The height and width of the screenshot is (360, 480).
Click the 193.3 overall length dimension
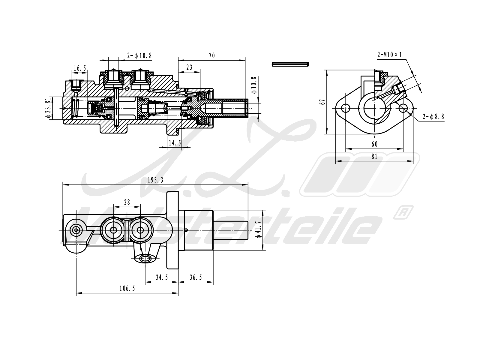point(155,180)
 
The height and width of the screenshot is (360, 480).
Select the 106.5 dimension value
point(127,289)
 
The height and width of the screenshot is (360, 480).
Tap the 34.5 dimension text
point(162,278)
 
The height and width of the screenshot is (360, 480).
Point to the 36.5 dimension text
point(196,278)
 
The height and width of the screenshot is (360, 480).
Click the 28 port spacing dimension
point(127,202)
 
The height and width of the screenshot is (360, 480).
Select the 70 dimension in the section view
point(212,56)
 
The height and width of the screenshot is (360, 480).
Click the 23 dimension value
point(189,67)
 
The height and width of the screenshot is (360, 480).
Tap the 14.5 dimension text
point(175,143)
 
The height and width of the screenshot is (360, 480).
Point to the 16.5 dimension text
point(79,68)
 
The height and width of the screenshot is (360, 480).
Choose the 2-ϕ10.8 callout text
point(139,56)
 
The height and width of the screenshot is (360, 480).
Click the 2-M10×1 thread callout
point(389,55)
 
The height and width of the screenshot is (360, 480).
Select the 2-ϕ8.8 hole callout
point(433,117)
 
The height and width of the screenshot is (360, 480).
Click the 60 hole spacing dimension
point(374,144)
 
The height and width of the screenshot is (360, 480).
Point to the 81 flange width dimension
point(374,157)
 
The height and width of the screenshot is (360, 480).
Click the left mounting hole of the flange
point(346,107)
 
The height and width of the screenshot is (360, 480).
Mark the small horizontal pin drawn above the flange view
point(290,64)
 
